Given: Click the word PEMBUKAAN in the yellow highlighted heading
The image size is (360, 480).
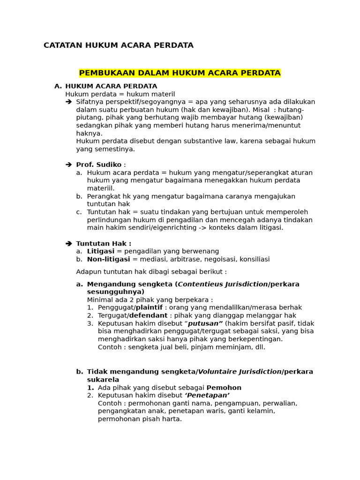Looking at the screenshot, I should point(102,73).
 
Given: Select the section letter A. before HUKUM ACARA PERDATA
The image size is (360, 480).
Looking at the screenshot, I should point(58,86).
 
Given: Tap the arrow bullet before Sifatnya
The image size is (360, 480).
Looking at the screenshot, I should point(68,102).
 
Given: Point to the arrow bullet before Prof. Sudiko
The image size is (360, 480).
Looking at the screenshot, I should point(68,165).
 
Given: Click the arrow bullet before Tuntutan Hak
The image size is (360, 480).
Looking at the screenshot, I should point(68,243).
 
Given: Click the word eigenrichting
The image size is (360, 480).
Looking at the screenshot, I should point(160,228).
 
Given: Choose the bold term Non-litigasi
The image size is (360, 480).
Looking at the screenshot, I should point(108,259).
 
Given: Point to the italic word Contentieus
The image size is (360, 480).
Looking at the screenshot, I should point(199,284).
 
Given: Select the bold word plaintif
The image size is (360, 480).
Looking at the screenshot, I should point(149,307).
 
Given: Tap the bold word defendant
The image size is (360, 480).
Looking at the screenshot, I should point(148,315).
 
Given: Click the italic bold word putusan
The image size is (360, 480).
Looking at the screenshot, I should point(205,323).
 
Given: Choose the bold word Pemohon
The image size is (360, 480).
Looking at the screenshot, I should point(224,388).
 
